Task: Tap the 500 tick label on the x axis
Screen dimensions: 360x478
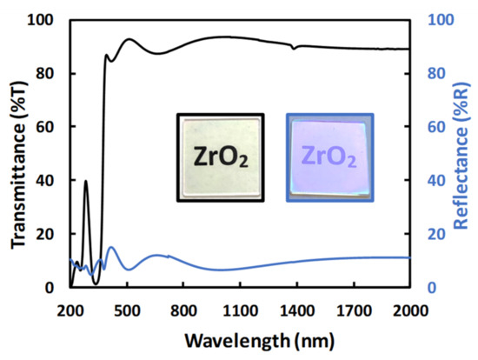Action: pyautogui.click(x=128, y=309)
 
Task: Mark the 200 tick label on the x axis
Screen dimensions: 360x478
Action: pyautogui.click(x=70, y=309)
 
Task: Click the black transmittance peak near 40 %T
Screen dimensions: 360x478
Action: pyautogui.click(x=85, y=181)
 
